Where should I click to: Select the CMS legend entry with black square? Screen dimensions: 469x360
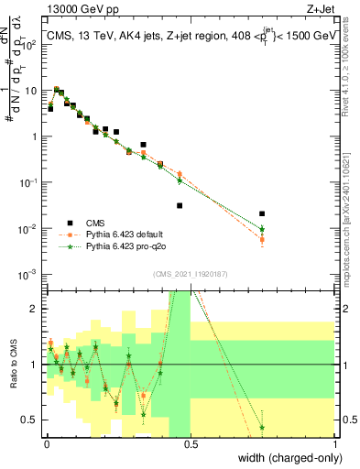(71, 223)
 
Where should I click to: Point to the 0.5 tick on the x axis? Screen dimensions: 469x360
(191, 443)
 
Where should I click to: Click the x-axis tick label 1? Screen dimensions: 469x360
(335, 443)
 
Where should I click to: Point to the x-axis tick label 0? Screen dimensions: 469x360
(47, 443)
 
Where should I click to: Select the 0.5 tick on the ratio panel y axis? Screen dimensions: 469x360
(33, 420)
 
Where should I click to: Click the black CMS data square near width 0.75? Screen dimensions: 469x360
(262, 213)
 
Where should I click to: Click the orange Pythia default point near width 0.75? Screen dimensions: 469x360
(262, 240)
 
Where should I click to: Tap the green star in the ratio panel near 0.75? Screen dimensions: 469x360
(262, 427)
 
